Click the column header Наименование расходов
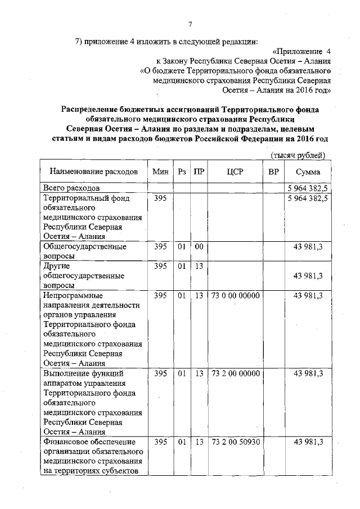click(93, 172)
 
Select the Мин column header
click(160, 172)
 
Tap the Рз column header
click(182, 172)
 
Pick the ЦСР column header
click(235, 172)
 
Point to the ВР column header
click(273, 172)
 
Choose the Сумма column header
click(307, 172)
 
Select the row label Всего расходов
click(71, 187)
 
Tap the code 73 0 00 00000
click(235, 295)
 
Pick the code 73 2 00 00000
click(235, 373)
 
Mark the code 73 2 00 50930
click(235, 442)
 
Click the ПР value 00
click(199, 246)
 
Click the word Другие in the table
click(56, 266)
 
